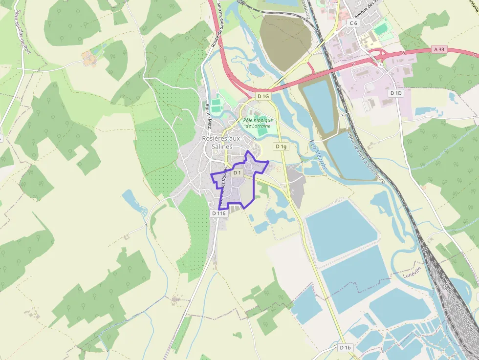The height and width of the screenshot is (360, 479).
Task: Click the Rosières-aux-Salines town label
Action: tap(221, 142)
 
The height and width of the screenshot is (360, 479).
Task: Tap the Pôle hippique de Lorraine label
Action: tap(258, 123)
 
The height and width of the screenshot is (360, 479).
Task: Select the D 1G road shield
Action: tap(263, 96)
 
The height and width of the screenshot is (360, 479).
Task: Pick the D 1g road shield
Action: tap(281, 146)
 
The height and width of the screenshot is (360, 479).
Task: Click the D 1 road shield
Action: tap(238, 172)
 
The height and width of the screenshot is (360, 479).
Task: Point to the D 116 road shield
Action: tap(219, 213)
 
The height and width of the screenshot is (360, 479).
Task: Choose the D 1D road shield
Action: tap(395, 93)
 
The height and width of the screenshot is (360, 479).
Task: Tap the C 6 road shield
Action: tap(353, 23)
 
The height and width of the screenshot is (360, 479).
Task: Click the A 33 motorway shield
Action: tap(439, 49)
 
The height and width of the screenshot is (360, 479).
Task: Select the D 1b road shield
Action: tap(345, 347)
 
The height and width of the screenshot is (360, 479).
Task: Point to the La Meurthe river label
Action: tap(318, 156)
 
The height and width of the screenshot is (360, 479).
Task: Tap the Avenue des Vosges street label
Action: tap(223, 186)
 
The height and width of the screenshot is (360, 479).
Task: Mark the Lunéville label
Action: tap(412, 272)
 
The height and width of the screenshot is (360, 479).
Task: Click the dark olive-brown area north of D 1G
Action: tap(284, 42)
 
